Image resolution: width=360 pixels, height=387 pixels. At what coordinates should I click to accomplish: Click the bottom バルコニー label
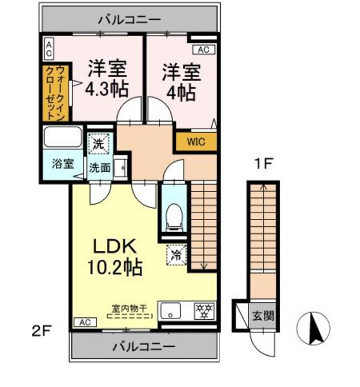click(x=143, y=346)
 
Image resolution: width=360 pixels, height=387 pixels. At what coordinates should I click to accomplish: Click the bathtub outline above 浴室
click(x=63, y=137)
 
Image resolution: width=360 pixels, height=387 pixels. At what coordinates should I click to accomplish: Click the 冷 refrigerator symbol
click(x=178, y=255)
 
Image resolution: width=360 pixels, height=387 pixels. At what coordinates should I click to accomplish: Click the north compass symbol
click(x=313, y=328)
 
